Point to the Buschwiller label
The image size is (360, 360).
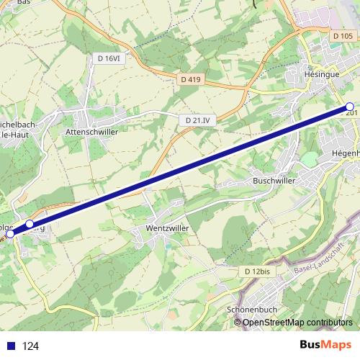[x=271, y=180]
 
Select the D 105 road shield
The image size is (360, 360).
[x=343, y=36]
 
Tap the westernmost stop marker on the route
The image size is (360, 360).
[x=10, y=233]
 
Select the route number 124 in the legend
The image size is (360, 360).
[x=30, y=346]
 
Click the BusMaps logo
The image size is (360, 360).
[x=325, y=345]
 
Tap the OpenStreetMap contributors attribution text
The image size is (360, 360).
[x=297, y=323]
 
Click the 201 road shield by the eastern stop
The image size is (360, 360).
[x=352, y=113]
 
